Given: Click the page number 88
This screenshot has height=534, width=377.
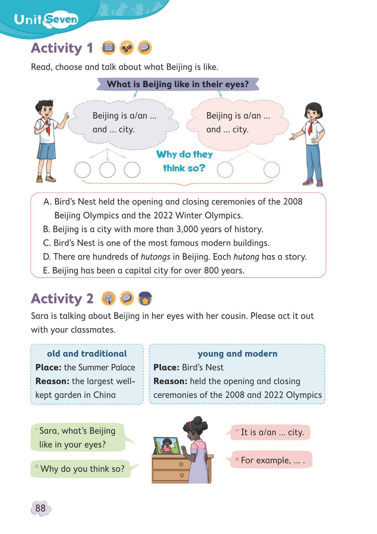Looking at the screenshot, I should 40,508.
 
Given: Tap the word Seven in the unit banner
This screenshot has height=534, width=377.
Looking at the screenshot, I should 62,20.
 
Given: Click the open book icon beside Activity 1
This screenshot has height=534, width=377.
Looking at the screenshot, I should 108,48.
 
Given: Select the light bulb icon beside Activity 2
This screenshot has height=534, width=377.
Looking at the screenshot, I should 108,298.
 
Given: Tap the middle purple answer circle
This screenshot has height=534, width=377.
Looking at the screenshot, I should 107,170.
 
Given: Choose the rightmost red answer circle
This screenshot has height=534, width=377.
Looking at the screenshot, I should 272,170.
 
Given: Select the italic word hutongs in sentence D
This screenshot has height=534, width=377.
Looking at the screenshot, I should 155,257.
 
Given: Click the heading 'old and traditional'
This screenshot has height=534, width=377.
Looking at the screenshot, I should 87,354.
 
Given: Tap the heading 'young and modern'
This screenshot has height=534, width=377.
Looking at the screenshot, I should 237,354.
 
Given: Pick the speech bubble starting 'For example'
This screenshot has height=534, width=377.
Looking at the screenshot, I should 271,460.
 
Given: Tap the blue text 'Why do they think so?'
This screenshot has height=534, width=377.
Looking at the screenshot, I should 184,161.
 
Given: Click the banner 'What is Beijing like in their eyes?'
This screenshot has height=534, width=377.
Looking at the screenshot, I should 178,84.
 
